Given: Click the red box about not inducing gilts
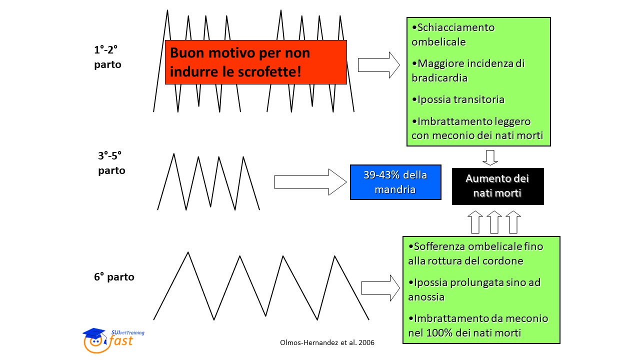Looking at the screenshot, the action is (255, 62).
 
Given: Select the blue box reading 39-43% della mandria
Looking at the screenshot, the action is (395, 182).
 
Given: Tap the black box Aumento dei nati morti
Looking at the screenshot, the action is (497, 186).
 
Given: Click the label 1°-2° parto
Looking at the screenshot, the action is (107, 57).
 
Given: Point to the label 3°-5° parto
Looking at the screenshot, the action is (111, 163).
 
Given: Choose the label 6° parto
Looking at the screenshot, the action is (114, 277).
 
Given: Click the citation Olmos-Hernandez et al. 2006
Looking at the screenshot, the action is (327, 342).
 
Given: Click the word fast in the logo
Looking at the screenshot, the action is (121, 341).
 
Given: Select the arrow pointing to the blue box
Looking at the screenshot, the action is (310, 182).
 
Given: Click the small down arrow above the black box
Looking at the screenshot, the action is (490, 157).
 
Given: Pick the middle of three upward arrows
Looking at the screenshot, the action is (494, 222).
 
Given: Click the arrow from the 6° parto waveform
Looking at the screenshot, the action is (380, 288).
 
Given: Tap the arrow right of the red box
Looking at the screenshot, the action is (379, 65).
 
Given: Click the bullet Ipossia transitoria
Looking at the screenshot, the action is (458, 99).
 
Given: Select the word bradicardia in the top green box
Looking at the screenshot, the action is (439, 77).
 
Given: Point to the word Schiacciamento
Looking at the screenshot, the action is (456, 27).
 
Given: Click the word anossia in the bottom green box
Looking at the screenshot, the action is (426, 297).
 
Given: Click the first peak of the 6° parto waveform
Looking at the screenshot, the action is (188, 252).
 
